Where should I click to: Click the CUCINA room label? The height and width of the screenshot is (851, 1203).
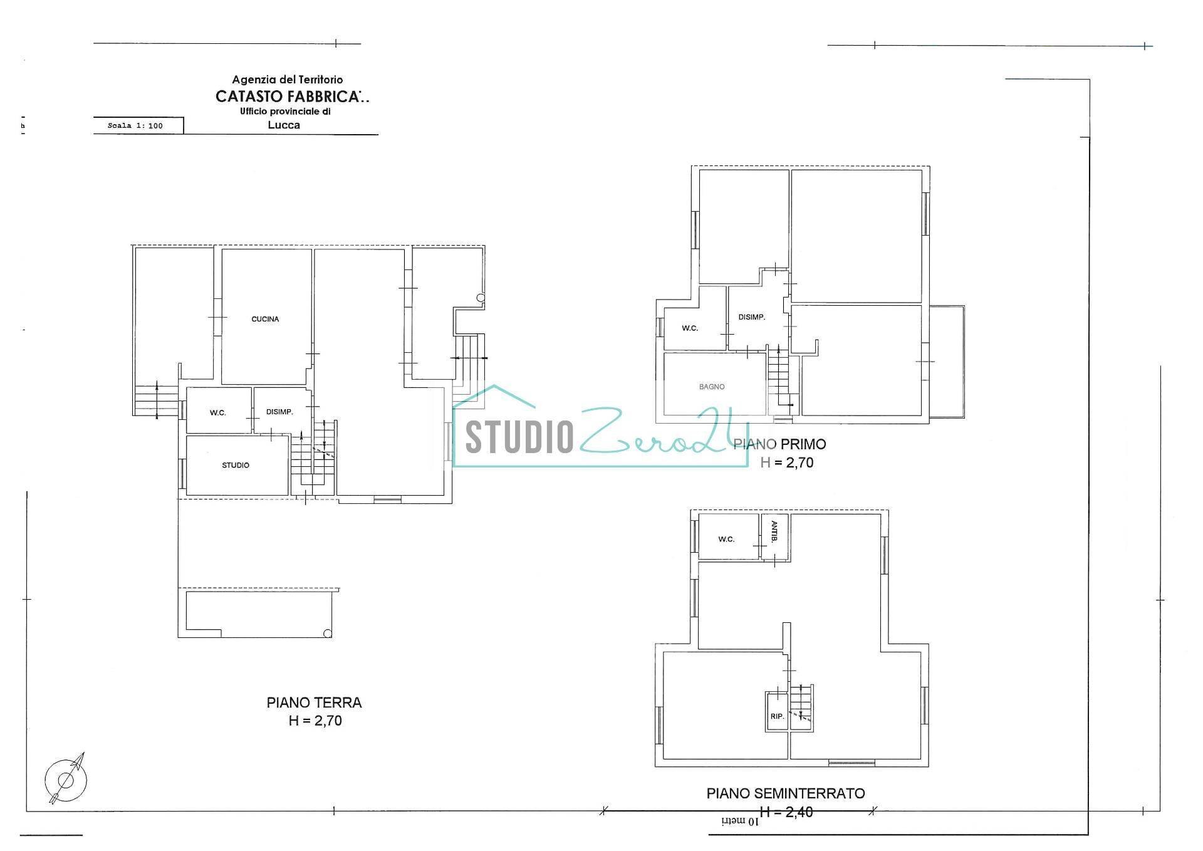click(x=265, y=319)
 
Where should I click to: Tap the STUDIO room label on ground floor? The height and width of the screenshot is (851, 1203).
click(x=236, y=465)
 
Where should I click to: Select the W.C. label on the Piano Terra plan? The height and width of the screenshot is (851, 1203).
click(x=217, y=413)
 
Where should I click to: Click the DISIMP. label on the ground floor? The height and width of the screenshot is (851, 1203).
click(x=279, y=412)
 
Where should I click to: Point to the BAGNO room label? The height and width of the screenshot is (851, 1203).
click(x=712, y=387)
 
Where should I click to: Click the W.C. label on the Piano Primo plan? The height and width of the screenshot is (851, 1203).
click(x=690, y=328)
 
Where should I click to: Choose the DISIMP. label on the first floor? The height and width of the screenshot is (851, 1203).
click(x=752, y=317)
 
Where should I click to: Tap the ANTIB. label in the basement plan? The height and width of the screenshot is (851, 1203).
click(x=774, y=531)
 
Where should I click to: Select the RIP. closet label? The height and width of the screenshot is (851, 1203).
click(x=777, y=716)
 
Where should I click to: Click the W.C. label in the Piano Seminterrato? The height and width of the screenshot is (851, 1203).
click(x=726, y=539)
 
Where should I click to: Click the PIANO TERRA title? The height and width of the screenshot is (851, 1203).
click(x=314, y=702)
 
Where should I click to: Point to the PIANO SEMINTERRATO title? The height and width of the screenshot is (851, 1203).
click(x=786, y=793)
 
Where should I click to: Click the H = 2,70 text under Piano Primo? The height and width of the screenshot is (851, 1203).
click(x=787, y=462)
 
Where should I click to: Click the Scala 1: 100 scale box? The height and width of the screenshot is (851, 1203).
click(x=135, y=126)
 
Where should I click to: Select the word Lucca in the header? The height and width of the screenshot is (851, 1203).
click(x=284, y=125)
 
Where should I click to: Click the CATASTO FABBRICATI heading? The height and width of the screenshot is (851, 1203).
click(x=292, y=97)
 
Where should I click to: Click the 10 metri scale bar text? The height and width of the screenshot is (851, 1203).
click(x=739, y=821)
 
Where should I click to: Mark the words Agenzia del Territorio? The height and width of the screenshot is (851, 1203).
click(x=288, y=80)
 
